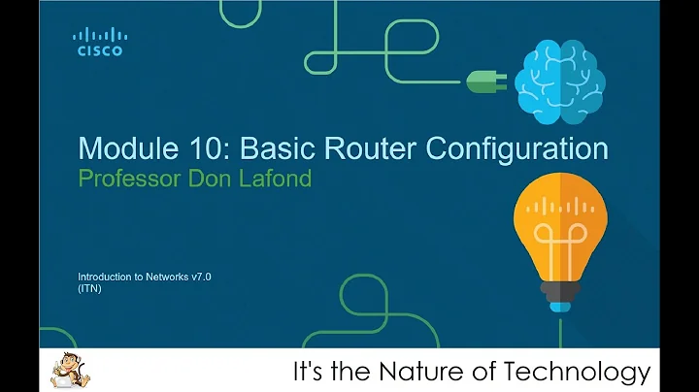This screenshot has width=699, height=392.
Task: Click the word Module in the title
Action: click(118, 148)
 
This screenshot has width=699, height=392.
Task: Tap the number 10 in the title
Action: click(191, 148)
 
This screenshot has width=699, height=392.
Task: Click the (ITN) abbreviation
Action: click(89, 288)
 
